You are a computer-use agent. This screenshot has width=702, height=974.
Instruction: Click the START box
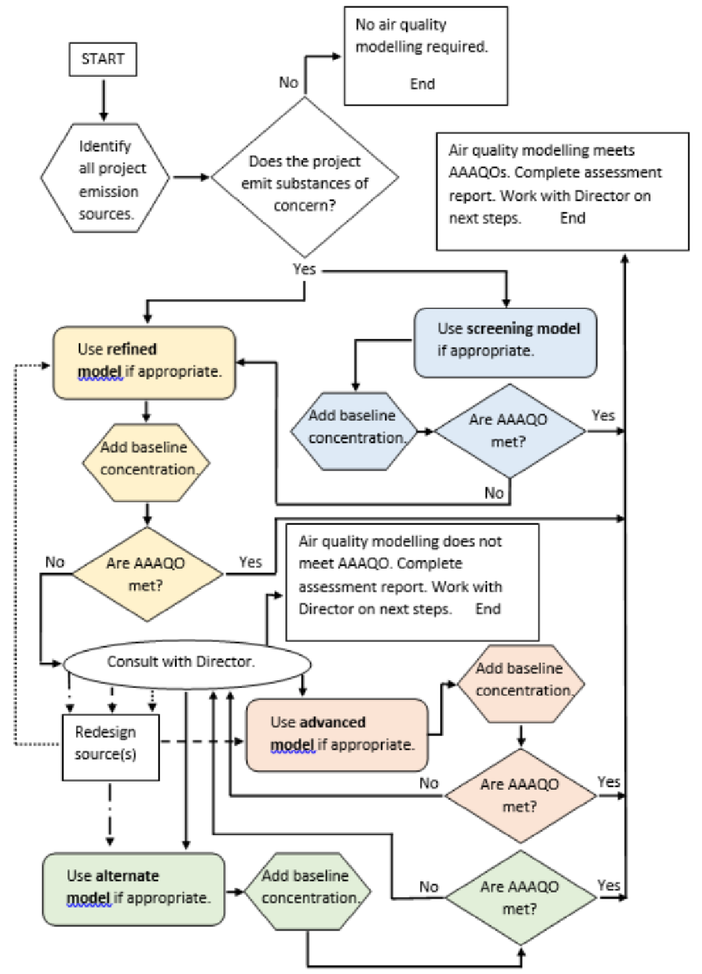pyautogui.click(x=103, y=59)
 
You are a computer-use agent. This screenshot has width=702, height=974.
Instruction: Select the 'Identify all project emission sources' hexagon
pyautogui.click(x=105, y=179)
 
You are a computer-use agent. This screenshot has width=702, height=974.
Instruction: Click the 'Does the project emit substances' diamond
pyautogui.click(x=305, y=179)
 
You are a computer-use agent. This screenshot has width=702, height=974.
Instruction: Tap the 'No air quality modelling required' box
pyautogui.click(x=426, y=56)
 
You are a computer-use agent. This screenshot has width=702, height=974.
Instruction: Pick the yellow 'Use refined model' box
pyautogui.click(x=144, y=362)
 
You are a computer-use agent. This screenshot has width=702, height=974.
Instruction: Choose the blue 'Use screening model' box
pyautogui.click(x=506, y=343)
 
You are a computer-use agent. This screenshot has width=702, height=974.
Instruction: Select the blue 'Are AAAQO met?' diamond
pyautogui.click(x=509, y=430)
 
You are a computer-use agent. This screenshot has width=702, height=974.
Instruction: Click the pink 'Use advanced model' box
pyautogui.click(x=337, y=735)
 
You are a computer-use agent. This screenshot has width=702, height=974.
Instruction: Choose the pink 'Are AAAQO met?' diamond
pyautogui.click(x=521, y=795)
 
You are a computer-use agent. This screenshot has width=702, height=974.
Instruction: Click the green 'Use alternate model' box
pyautogui.click(x=134, y=889)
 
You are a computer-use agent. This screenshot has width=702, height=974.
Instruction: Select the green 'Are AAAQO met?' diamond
pyautogui.click(x=521, y=897)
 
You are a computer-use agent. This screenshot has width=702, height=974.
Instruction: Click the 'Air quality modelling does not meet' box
pyautogui.click(x=412, y=582)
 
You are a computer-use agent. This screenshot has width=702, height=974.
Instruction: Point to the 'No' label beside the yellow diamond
pyautogui.click(x=54, y=562)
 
